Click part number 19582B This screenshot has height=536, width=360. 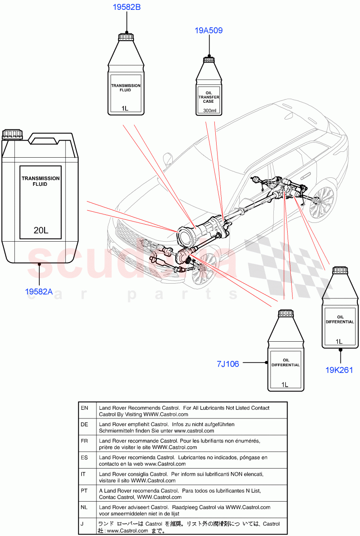126,7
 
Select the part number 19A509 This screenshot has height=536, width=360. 209,30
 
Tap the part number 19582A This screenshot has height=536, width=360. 39,292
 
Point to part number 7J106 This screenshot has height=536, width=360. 228,364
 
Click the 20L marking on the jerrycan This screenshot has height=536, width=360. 41,231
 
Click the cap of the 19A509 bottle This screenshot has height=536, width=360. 209,60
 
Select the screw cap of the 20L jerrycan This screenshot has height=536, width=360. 12,134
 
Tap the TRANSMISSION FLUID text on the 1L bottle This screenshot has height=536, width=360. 126,88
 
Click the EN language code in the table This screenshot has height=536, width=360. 84,408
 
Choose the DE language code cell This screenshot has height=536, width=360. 84,424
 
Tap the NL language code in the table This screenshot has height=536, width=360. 84,507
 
